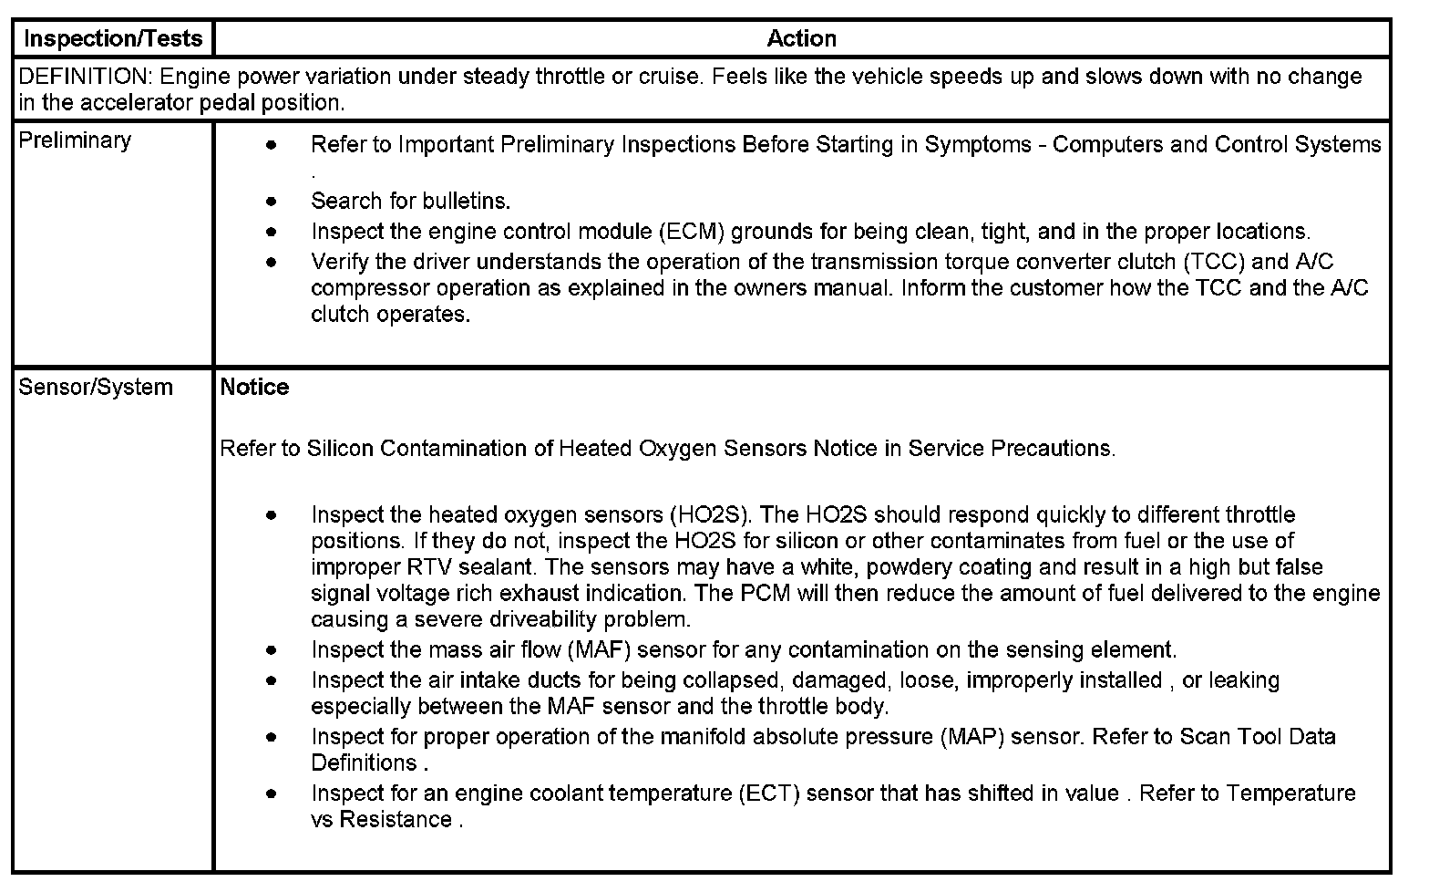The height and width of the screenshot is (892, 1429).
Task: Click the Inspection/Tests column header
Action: (x=112, y=39)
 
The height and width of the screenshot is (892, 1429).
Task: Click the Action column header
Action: (x=801, y=39)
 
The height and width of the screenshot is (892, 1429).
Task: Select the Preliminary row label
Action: (x=75, y=140)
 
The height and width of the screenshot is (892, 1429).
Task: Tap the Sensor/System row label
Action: (x=96, y=387)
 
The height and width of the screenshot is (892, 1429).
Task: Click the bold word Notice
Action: (x=254, y=387)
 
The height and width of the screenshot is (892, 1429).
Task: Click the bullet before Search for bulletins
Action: (x=271, y=202)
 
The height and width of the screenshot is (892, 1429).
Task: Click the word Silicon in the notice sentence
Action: (x=340, y=449)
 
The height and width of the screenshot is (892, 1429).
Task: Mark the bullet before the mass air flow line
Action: (x=271, y=650)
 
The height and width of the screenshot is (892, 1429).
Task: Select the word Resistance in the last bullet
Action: (x=396, y=820)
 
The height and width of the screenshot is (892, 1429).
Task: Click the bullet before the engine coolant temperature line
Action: (x=271, y=793)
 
